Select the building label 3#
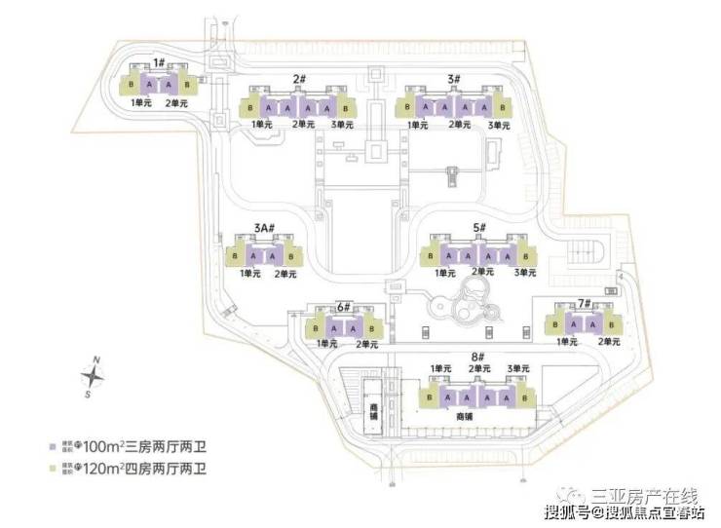[x=454, y=79]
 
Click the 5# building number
[x=479, y=227]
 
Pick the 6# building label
[x=343, y=306]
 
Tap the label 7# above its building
[x=585, y=303]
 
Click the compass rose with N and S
[x=93, y=378]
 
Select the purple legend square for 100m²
[x=53, y=447]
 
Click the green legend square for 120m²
[x=53, y=470]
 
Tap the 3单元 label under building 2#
[x=343, y=125]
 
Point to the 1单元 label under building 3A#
[x=250, y=274]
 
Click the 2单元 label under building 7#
[x=608, y=342]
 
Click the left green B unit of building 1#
[x=132, y=85]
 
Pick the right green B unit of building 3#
[x=503, y=105]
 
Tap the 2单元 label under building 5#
[x=483, y=272]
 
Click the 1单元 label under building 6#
[x=324, y=344]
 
